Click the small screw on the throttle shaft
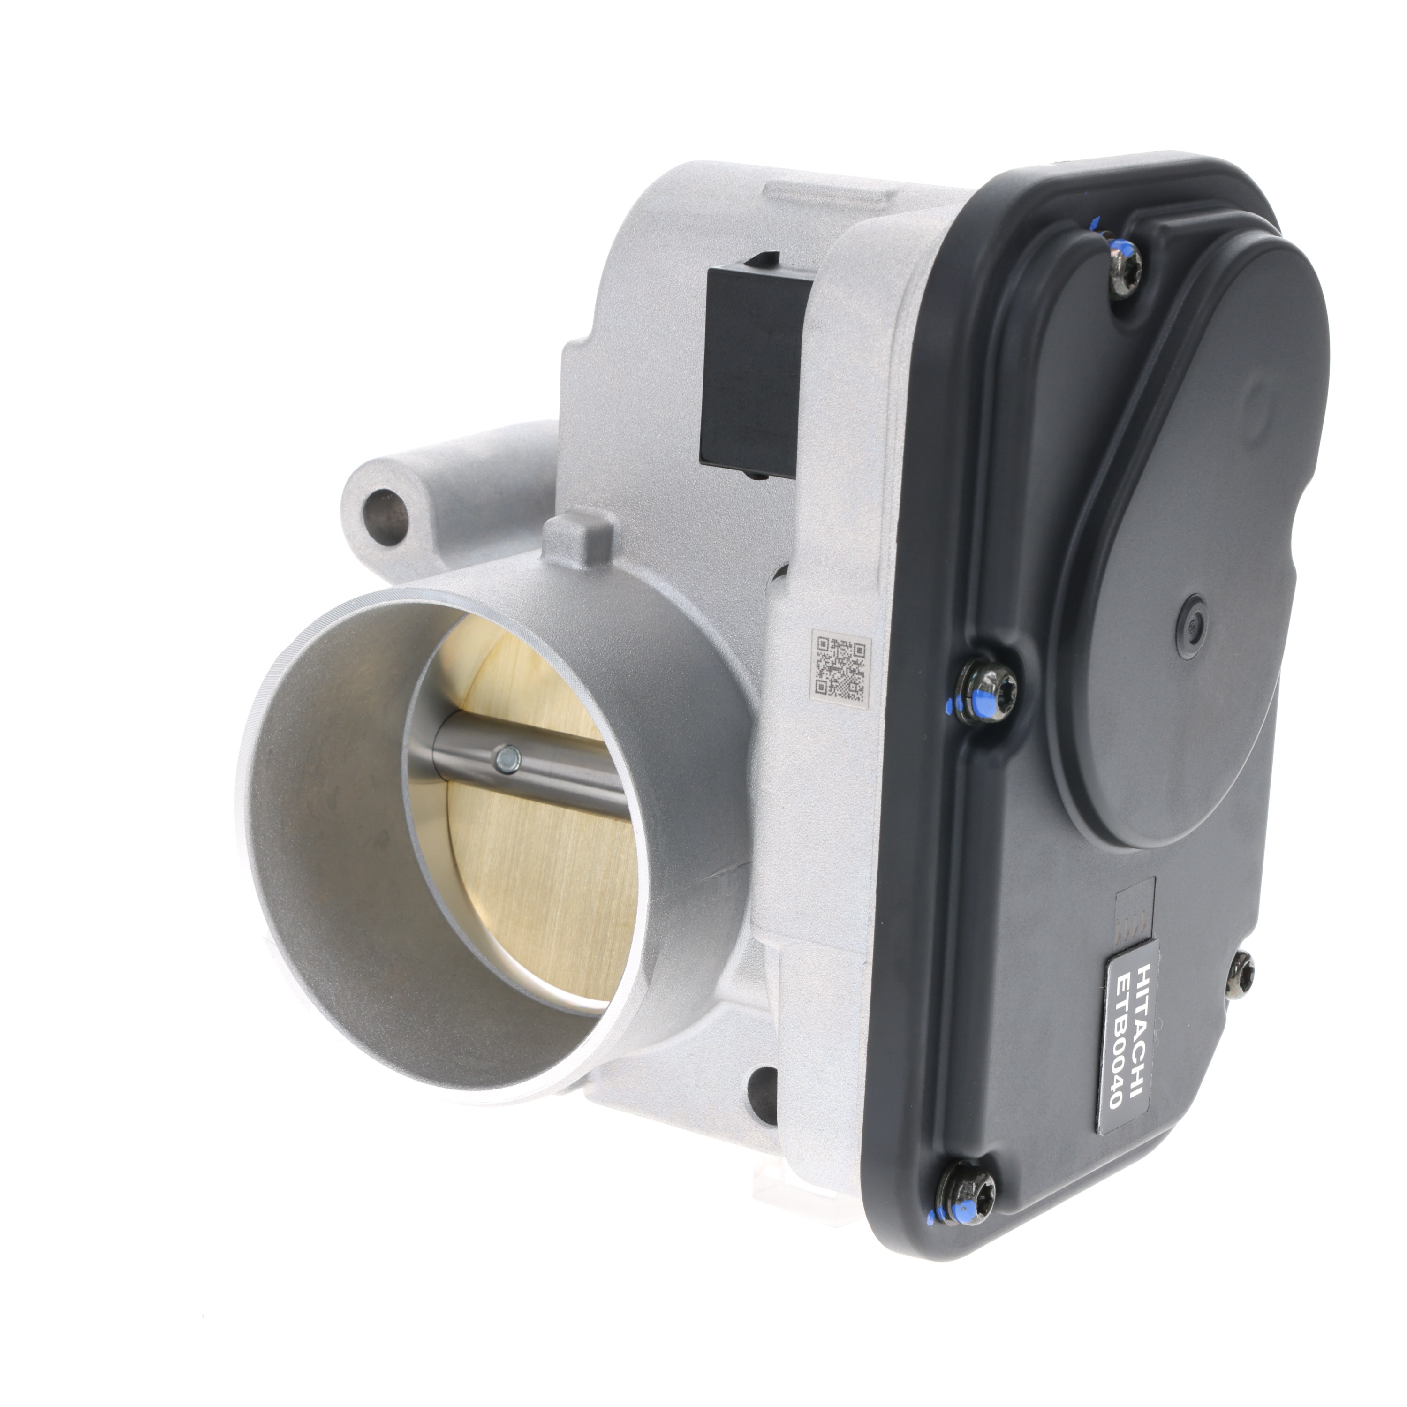[504, 760]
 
